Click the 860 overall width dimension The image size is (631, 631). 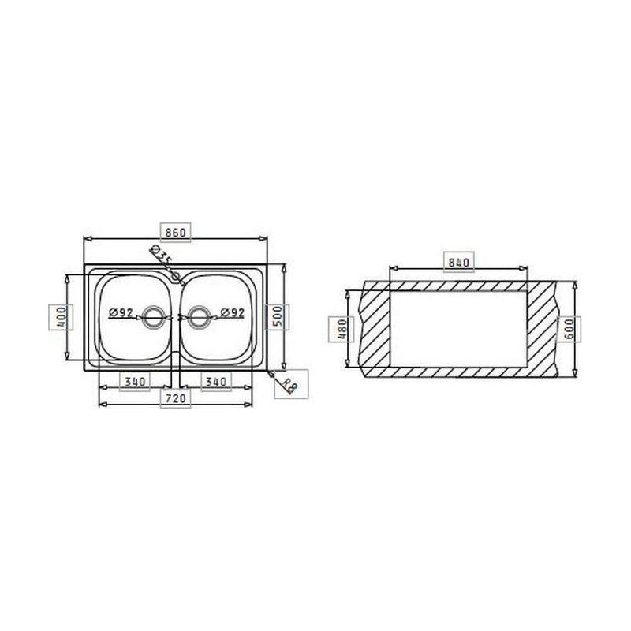click(x=175, y=233)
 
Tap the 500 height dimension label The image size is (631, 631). click(x=278, y=318)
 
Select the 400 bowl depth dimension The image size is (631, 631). click(x=61, y=317)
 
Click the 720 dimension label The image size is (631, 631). click(x=175, y=398)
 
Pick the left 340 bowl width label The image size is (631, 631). click(x=135, y=381)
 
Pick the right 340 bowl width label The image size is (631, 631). click(x=216, y=381)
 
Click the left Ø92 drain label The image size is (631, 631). click(x=121, y=312)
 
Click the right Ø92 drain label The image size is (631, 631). click(x=233, y=312)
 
